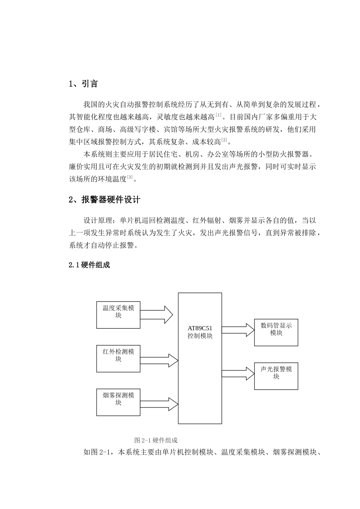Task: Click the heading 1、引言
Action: click(83, 84)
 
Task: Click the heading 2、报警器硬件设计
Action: click(105, 199)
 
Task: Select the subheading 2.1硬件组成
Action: click(89, 265)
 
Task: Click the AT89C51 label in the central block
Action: click(200, 328)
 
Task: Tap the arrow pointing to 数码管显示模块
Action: click(238, 329)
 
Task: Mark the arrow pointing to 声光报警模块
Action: click(238, 373)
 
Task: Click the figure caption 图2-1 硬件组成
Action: click(156, 440)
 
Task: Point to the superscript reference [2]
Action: click(224, 141)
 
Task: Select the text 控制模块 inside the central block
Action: click(200, 336)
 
